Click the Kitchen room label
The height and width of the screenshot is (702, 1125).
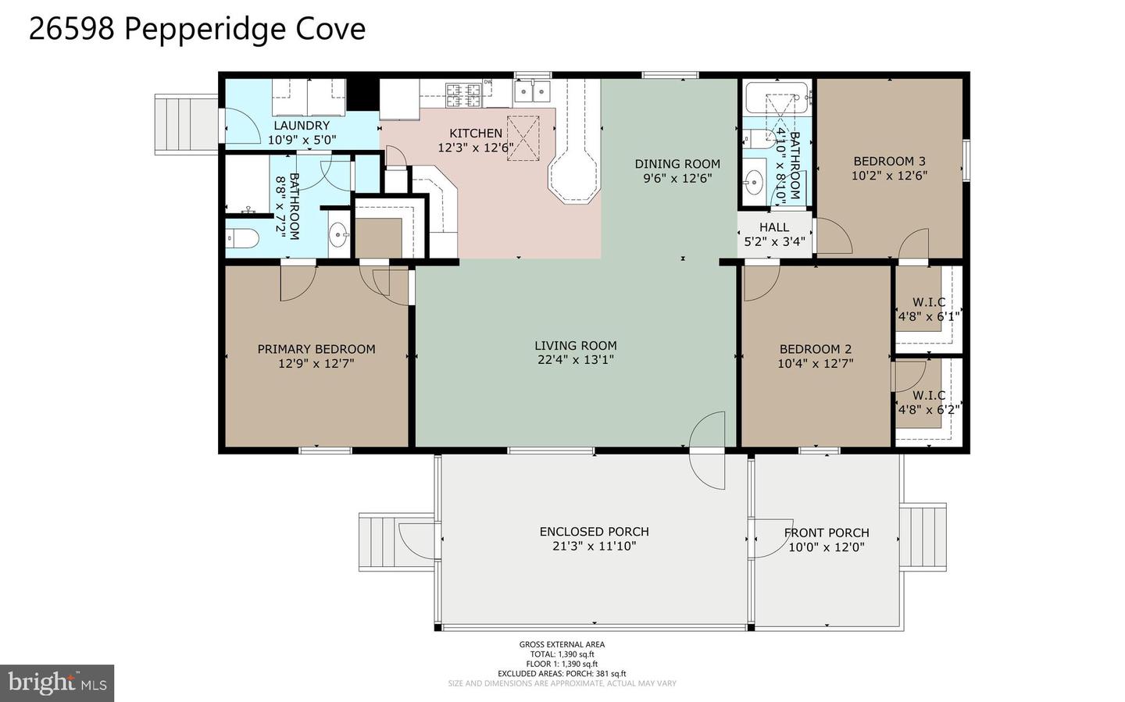[476, 133]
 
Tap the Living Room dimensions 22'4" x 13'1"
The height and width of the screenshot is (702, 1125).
[576, 359]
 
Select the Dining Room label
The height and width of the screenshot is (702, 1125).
[677, 164]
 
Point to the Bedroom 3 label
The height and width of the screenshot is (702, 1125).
[889, 161]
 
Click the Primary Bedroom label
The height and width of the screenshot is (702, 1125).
[316, 349]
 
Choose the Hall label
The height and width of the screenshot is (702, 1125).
[774, 227]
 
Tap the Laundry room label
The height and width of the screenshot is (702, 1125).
[302, 126]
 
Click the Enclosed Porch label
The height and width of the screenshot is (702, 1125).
[594, 531]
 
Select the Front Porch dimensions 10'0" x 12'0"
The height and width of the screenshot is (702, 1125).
[827, 547]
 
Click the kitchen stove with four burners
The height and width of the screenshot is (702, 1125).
[463, 95]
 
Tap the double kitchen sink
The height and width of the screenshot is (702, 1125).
[533, 91]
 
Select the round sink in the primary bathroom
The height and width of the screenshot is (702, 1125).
[339, 234]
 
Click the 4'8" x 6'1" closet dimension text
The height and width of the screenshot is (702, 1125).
[929, 316]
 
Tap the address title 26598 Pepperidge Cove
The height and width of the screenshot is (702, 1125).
[197, 29]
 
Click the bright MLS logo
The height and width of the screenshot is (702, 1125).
[57, 683]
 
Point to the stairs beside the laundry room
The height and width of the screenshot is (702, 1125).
[186, 124]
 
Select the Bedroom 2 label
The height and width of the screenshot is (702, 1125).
[816, 349]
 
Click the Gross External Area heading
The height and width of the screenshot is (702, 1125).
[562, 644]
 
